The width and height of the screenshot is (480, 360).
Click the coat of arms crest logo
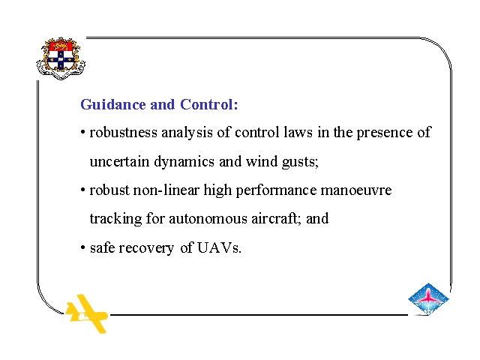pyautogui.click(x=61, y=58)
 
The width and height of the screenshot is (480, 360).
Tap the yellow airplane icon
pyautogui.click(x=87, y=313)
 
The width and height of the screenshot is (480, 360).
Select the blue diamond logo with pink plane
pyautogui.click(x=428, y=298)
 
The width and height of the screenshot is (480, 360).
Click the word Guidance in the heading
pyautogui.click(x=112, y=104)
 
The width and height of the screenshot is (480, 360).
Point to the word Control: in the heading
pyautogui.click(x=208, y=104)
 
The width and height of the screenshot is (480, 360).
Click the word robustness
pyautogui.click(x=123, y=132)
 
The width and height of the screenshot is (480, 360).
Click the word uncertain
pyautogui.click(x=119, y=161)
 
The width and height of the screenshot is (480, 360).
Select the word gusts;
pyautogui.click(x=300, y=162)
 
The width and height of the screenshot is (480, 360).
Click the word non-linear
pyautogui.click(x=166, y=190)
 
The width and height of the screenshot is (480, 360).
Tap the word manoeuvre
pyautogui.click(x=356, y=190)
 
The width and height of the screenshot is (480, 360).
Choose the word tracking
pyautogui.click(x=115, y=219)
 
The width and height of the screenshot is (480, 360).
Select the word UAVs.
pyautogui.click(x=219, y=247)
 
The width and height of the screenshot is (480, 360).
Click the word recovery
pyautogui.click(x=146, y=248)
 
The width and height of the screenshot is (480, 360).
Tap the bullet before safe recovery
pyautogui.click(x=82, y=247)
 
